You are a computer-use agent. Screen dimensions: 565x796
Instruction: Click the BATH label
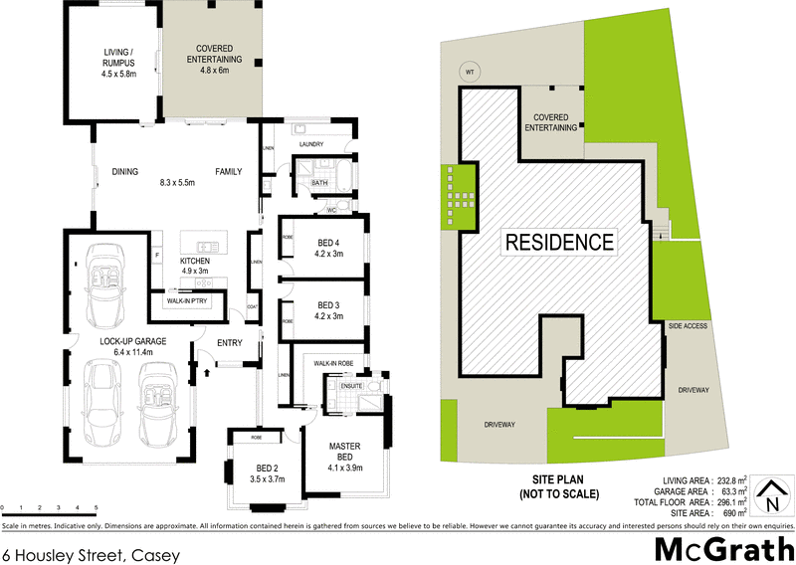tap(319, 183)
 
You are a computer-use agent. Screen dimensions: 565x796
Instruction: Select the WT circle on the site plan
tap(468, 71)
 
